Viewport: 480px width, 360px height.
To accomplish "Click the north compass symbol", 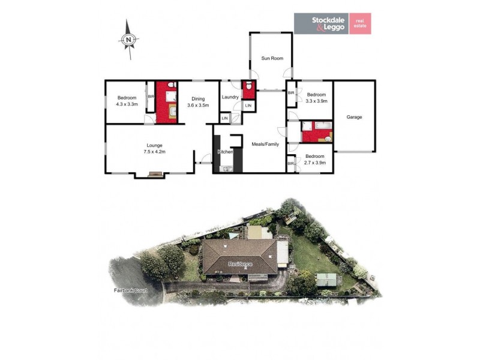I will click(x=128, y=39).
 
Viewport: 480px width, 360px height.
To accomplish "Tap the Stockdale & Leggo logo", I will click(x=320, y=23).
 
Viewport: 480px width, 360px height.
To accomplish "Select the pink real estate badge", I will click(x=360, y=23).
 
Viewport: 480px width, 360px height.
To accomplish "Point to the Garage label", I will click(x=354, y=117).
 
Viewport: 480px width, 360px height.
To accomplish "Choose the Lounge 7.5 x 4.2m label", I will click(x=154, y=148).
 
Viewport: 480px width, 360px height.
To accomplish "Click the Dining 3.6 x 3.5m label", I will click(x=198, y=102).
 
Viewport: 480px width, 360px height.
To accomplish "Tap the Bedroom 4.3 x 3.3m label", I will click(x=127, y=101).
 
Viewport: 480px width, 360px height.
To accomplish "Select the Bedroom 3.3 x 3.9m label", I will click(x=316, y=98).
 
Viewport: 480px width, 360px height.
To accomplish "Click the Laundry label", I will click(x=230, y=97).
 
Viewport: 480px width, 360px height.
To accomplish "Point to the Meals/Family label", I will click(x=265, y=143).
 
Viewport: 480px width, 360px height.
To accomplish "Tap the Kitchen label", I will click(x=226, y=152).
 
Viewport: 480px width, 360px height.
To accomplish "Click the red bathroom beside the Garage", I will click(x=317, y=131).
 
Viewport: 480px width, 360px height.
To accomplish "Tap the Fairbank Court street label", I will click(x=131, y=290).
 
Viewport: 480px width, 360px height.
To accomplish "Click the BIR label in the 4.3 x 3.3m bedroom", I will click(x=151, y=96).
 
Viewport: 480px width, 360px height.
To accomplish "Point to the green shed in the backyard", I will click(x=326, y=279).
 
